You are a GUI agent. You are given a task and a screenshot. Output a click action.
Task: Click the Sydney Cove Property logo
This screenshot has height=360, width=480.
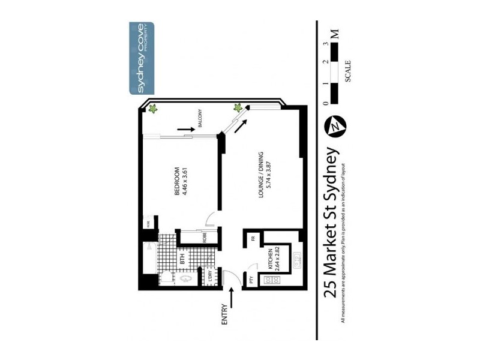pos(142,59)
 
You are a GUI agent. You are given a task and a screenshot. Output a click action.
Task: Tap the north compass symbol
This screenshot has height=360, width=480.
pos(335,126)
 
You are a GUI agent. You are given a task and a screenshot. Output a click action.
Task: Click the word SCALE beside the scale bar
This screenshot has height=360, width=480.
pos(348,71)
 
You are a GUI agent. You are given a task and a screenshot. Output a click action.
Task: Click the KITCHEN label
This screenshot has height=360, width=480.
pos(271,259)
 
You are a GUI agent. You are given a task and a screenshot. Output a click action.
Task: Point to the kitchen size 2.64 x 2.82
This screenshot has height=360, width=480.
pos(278,259)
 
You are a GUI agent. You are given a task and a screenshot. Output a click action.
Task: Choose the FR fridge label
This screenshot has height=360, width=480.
pos(253,238)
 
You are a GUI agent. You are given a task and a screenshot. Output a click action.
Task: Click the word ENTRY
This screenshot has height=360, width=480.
pos(225,314)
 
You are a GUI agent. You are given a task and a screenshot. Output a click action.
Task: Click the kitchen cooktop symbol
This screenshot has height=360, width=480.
pos(295,280)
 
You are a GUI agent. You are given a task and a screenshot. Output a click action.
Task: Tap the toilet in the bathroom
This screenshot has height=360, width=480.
pos(169,278)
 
